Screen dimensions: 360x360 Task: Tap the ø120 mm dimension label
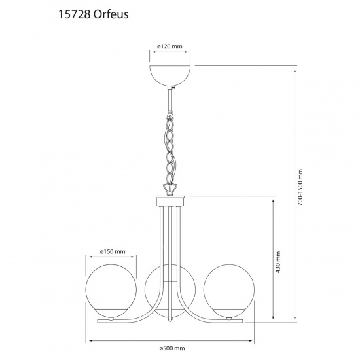(x=170, y=48)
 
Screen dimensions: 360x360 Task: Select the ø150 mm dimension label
(x=113, y=251)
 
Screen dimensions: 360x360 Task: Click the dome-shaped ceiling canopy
(x=172, y=75)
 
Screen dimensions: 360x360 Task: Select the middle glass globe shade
(x=170, y=288)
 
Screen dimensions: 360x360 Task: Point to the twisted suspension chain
(x=171, y=147)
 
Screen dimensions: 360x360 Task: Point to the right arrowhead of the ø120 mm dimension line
(x=194, y=54)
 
